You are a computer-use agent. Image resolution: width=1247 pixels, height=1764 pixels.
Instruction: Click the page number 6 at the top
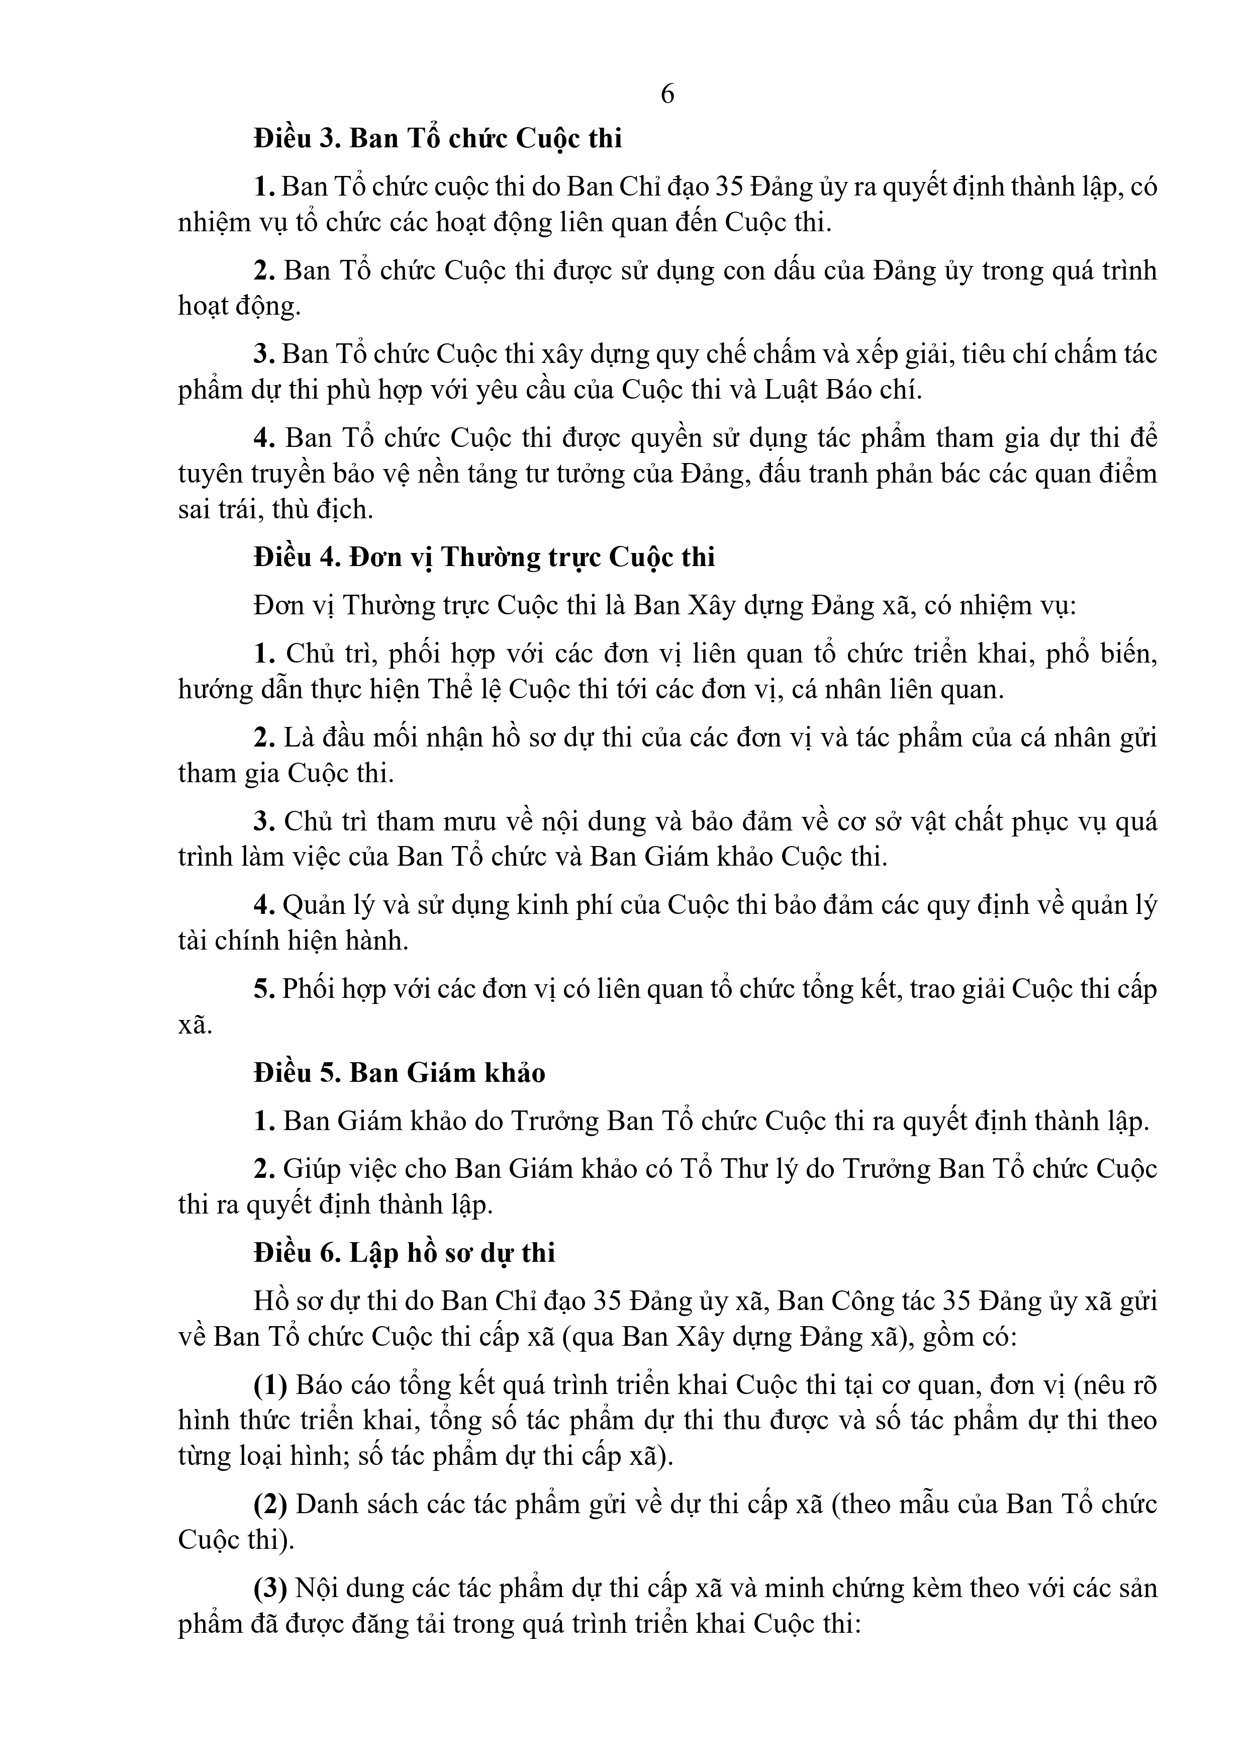click(667, 95)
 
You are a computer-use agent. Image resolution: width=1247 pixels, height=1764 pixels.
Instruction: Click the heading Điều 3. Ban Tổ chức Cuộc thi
click(438, 139)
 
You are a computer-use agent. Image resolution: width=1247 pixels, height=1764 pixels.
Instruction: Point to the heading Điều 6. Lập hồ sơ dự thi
click(404, 1253)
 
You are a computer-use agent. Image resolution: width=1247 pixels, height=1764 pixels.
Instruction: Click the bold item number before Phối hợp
click(264, 989)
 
